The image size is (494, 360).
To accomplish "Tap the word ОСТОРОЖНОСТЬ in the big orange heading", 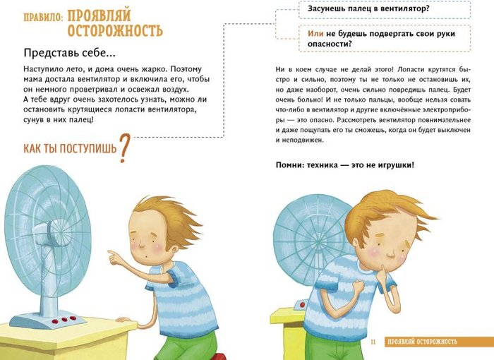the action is point(115,31).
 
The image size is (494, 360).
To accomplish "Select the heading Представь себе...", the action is point(69,53).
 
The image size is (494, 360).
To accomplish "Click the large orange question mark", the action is point(124,148).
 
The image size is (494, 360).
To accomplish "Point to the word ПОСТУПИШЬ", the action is point(88,148).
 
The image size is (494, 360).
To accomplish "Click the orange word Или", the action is point(315,34).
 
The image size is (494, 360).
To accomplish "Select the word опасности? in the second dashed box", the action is point(330,44).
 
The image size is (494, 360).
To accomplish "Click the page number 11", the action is point(373,342).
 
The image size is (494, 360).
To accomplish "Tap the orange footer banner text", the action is point(422,342).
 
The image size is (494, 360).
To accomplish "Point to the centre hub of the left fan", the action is point(59,232).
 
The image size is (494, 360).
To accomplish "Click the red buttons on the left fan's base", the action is point(64,320).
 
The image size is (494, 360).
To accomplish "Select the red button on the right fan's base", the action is point(303,305).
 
